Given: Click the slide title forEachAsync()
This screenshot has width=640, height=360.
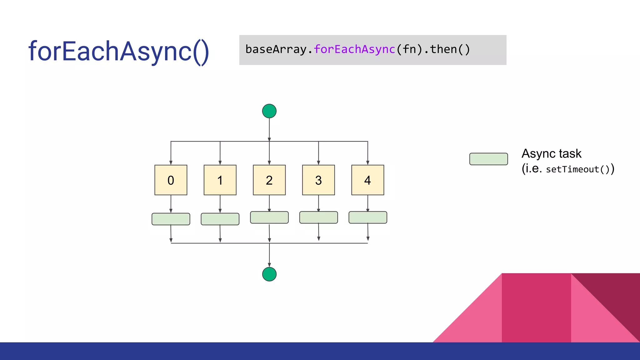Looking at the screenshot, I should pos(118,51).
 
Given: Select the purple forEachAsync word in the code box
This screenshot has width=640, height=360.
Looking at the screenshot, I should pos(354,49).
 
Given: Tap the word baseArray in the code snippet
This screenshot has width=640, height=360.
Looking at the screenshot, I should pos(276,49).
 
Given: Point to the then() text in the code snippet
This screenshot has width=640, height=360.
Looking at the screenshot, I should pos(450,49).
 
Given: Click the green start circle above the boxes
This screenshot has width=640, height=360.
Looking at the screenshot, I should pos(269,111).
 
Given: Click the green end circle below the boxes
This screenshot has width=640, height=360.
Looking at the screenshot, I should pos(269,274).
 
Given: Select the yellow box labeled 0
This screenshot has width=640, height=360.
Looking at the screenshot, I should pos(171,180).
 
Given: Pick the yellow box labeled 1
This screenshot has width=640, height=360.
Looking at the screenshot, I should pos(220,180).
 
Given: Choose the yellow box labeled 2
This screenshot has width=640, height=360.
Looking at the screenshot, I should pos(269,180).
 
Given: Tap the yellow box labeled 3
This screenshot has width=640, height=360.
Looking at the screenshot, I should pos(318,180).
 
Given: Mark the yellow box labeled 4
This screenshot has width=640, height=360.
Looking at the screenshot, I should pos(367,180).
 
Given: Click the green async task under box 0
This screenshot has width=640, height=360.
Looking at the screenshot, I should pos(171,219).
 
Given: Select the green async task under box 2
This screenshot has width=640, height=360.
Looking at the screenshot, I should pos(269,217).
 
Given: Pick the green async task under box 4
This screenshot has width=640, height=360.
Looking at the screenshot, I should pos(367,217).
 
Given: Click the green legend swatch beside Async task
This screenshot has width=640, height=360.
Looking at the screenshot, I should pos(488,159).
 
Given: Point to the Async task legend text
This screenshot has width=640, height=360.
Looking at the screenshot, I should pos(551,154).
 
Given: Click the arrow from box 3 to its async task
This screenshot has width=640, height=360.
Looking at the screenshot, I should pos(318,203).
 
